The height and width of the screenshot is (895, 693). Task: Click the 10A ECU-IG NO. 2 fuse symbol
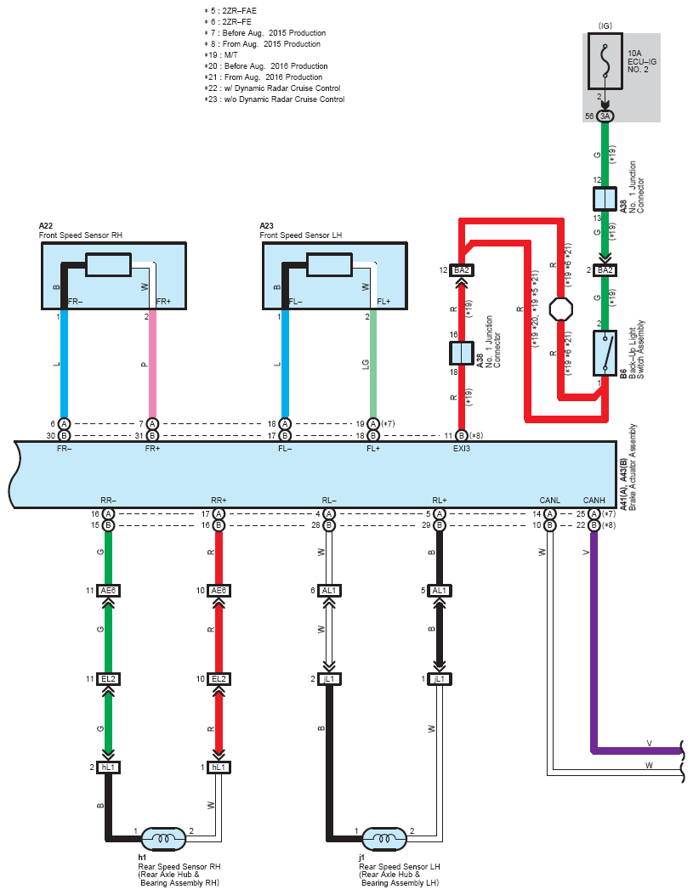point(605,61)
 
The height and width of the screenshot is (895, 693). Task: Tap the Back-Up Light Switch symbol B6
point(605,353)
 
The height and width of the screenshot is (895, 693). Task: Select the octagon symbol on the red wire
point(560,309)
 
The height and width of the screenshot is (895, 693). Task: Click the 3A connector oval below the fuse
point(605,116)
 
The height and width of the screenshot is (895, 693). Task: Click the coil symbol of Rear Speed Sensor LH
point(384,839)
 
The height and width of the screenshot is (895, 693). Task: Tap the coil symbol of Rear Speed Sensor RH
point(163,839)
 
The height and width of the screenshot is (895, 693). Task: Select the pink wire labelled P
point(152,364)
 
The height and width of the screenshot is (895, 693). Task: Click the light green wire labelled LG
point(373,364)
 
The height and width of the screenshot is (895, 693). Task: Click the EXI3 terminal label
point(461,449)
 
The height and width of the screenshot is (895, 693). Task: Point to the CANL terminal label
point(549,500)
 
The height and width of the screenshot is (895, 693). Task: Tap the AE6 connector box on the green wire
point(108,590)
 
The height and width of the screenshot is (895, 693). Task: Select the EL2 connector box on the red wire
point(219,678)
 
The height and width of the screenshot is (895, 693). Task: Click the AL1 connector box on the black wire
point(439,590)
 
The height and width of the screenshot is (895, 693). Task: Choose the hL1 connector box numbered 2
point(108,768)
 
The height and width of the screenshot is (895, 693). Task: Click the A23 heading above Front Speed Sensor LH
point(267,226)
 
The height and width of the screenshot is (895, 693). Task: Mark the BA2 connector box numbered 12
point(461,270)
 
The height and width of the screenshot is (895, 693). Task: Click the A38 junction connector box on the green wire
point(605,199)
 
